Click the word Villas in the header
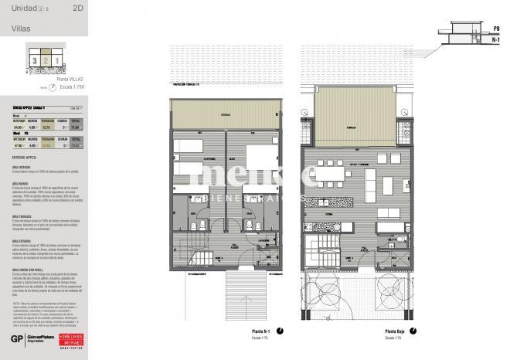click(22, 29)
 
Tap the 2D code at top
click(77, 10)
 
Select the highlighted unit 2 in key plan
click(46, 59)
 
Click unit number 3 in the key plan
click(34, 59)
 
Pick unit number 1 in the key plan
click(56, 59)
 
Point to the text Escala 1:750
click(71, 87)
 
